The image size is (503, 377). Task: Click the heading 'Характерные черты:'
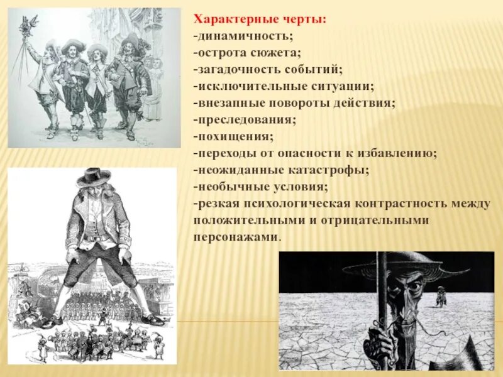point(259,20)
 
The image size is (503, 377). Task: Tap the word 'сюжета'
point(275,53)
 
